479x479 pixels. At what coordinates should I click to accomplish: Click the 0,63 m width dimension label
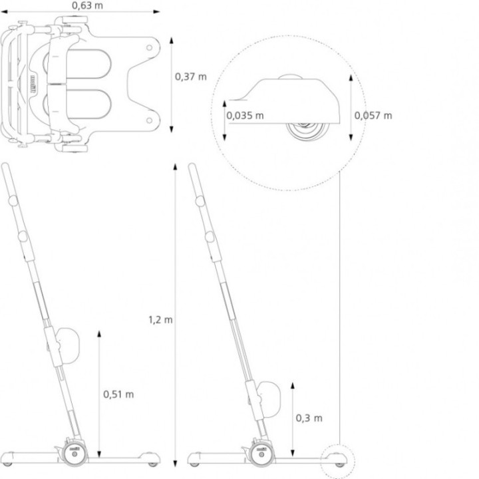pyautogui.click(x=87, y=5)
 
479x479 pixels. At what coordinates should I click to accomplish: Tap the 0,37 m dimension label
pyautogui.click(x=191, y=77)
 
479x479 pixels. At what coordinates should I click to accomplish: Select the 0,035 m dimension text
pyautogui.click(x=245, y=116)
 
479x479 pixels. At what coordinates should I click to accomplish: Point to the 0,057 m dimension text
pyautogui.click(x=373, y=116)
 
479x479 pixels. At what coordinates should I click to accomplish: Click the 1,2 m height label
pyautogui.click(x=160, y=320)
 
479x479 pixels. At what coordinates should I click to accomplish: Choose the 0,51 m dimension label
pyautogui.click(x=118, y=395)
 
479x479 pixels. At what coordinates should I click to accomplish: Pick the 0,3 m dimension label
pyautogui.click(x=309, y=418)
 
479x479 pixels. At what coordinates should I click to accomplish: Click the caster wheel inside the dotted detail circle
pyautogui.click(x=307, y=128)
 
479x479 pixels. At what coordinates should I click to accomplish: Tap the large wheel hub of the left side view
pyautogui.click(x=75, y=454)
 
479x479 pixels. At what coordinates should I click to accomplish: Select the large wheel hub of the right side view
pyautogui.click(x=261, y=454)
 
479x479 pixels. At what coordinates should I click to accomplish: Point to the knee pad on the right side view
pyautogui.click(x=269, y=399)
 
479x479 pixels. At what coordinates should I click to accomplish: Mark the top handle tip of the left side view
pyautogui.click(x=5, y=165)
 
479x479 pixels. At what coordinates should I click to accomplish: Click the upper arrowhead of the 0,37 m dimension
pyautogui.click(x=172, y=41)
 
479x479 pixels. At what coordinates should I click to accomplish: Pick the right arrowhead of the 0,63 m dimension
pyautogui.click(x=156, y=12)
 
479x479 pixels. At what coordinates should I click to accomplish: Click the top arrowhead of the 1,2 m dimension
pyautogui.click(x=176, y=167)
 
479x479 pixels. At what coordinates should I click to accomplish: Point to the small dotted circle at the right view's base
pyautogui.click(x=337, y=461)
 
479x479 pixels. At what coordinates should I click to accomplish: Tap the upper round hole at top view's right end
pyautogui.click(x=150, y=48)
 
